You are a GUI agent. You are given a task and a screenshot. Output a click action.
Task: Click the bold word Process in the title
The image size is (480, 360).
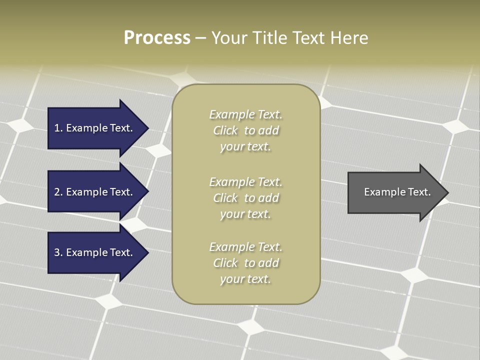coord(157,38)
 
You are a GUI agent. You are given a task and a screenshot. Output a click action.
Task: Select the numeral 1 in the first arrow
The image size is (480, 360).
coord(57,128)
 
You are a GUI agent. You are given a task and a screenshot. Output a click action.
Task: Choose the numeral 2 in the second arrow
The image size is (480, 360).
coord(57,192)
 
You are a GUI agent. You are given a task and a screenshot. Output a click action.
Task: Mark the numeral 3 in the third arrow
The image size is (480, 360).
coord(57,253)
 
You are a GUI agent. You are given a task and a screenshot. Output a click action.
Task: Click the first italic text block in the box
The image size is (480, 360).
coord(245,130)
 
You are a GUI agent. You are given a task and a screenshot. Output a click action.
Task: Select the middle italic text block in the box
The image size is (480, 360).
coord(245,198)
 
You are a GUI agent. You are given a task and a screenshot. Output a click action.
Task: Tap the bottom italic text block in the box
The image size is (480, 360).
coord(245,263)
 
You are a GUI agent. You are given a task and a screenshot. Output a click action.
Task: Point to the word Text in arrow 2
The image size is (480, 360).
coord(120,192)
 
